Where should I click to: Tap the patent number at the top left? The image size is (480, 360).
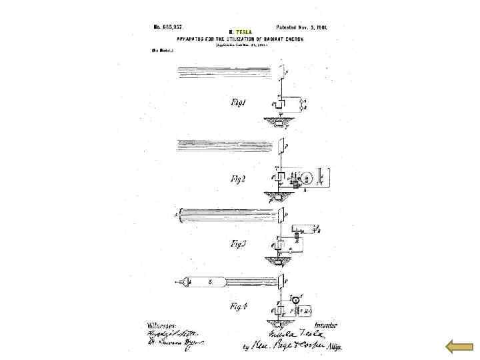(x=167, y=27)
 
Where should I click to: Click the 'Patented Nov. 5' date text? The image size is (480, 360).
(x=301, y=27)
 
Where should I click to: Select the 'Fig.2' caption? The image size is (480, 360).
(x=240, y=179)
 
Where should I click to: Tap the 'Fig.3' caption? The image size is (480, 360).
(x=239, y=244)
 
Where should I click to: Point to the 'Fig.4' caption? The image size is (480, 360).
(x=239, y=307)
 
